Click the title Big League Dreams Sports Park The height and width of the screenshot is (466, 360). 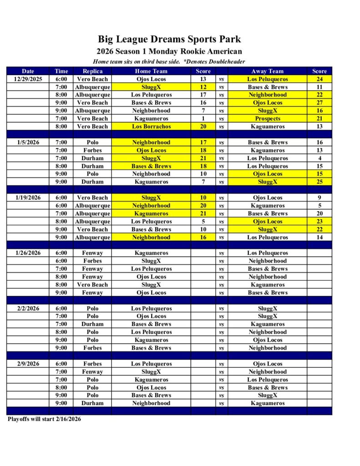(x=169, y=40)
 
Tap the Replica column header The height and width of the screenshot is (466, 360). (x=92, y=71)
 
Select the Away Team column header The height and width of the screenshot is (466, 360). (x=267, y=71)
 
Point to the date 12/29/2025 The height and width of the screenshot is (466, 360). (x=28, y=79)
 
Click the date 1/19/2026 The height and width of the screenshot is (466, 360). (x=28, y=198)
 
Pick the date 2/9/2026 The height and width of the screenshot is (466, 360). (x=28, y=364)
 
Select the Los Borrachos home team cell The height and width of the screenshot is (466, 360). (x=151, y=127)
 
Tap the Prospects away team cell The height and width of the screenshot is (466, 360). (x=267, y=119)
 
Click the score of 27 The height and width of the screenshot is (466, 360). (x=319, y=103)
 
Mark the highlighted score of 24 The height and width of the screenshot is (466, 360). (x=319, y=79)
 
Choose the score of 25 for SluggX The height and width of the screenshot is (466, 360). (x=319, y=182)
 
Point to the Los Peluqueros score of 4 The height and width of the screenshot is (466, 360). (x=319, y=158)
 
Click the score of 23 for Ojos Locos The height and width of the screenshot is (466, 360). (x=319, y=222)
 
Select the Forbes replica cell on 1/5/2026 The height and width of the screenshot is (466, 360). (x=92, y=150)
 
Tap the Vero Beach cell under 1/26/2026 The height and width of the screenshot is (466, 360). (x=92, y=285)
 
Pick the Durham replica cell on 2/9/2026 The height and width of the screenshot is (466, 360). (x=92, y=403)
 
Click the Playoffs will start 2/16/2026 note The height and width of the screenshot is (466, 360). (x=44, y=419)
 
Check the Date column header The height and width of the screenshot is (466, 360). (x=28, y=71)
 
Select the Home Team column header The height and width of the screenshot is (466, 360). (x=151, y=71)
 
